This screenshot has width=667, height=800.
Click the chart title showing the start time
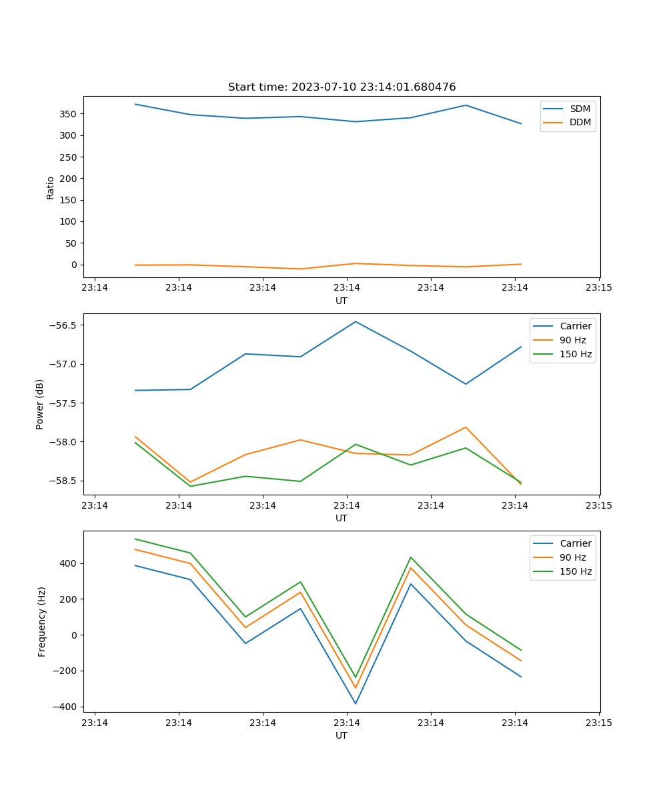coord(342,87)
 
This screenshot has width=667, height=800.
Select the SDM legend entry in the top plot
coord(580,109)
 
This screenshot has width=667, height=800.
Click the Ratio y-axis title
coord(51,187)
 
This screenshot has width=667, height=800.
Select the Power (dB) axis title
coord(40,404)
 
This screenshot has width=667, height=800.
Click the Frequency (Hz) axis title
coord(41,621)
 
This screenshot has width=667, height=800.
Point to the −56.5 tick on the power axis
coord(63,325)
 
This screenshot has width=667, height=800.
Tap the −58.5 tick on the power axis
coord(63,481)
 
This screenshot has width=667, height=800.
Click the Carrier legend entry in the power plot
coord(575,326)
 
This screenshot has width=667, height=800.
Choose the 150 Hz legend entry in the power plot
coord(575,354)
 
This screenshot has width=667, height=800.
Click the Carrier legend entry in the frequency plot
coord(575,543)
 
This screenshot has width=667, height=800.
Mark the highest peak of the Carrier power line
coord(356,321)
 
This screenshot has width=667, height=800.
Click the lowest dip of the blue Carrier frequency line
coord(356,703)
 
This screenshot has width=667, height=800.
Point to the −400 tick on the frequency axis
coord(67,707)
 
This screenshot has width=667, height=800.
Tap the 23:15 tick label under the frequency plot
coord(599,723)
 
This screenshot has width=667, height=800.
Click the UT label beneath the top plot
coord(342,301)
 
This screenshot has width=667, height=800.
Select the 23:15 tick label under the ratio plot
coord(599,288)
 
